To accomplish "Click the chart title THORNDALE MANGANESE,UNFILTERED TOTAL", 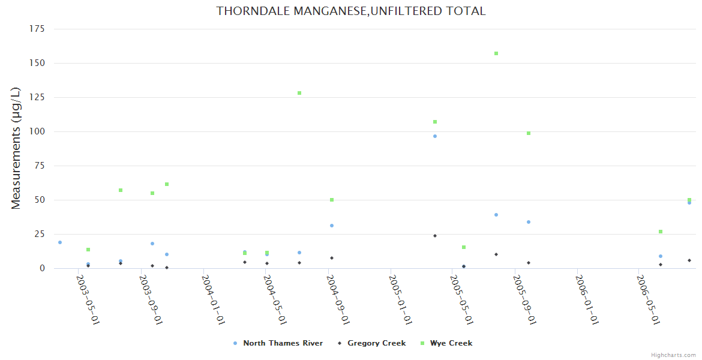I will pyautogui.click(x=351, y=11).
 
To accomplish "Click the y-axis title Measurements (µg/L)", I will pyautogui.click(x=16, y=148).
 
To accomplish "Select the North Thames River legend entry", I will pyautogui.click(x=283, y=343).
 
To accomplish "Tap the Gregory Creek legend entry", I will pyautogui.click(x=376, y=343).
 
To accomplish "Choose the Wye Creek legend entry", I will pyautogui.click(x=451, y=343).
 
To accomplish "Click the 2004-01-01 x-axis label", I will pyautogui.click(x=214, y=299).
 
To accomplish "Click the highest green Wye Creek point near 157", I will pyautogui.click(x=496, y=53).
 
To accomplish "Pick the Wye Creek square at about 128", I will pyautogui.click(x=299, y=93).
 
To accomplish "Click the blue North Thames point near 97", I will pyautogui.click(x=435, y=136).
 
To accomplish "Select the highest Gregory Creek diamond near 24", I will pyautogui.click(x=435, y=236).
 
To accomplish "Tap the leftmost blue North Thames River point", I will pyautogui.click(x=60, y=242).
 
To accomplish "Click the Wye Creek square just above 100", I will pyautogui.click(x=435, y=122).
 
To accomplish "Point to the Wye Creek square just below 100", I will pyautogui.click(x=529, y=133).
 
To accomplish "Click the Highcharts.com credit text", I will pyautogui.click(x=673, y=355).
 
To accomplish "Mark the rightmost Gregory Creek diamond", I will pyautogui.click(x=689, y=260).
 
